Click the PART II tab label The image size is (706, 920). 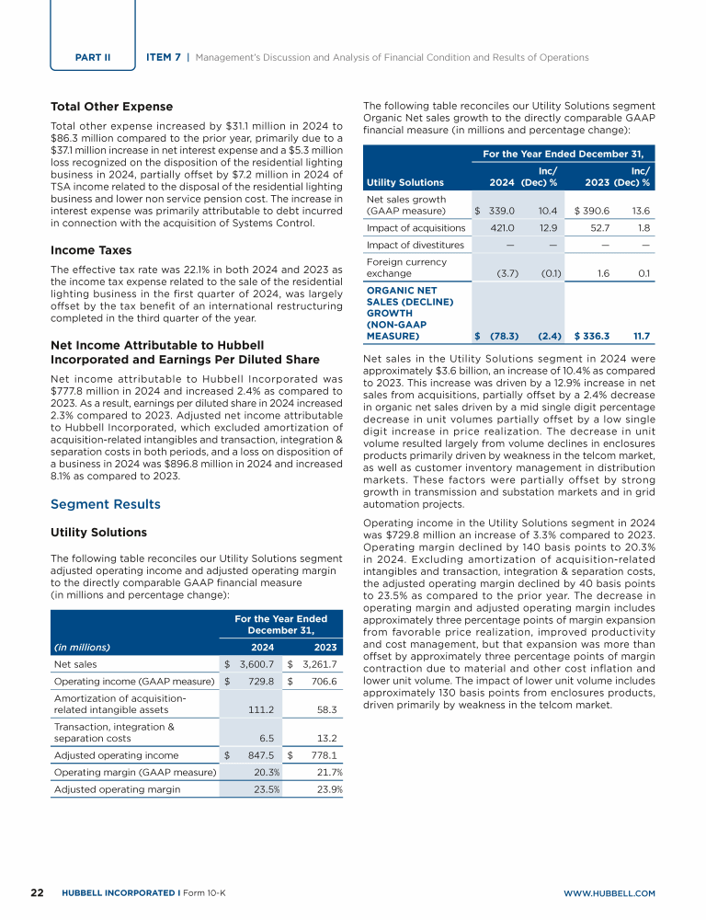point(93,57)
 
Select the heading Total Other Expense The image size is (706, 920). point(111,107)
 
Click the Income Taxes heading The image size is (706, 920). point(91,250)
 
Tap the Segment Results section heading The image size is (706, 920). point(105,504)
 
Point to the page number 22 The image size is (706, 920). point(38,892)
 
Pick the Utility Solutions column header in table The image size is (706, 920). point(404,182)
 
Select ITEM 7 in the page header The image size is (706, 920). point(164,57)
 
